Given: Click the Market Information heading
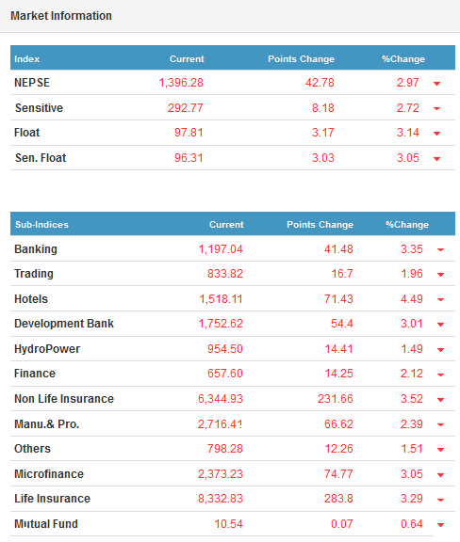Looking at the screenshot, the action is tap(61, 16).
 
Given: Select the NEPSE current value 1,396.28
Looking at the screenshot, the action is tap(181, 83).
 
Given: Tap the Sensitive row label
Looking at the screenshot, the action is tap(39, 108).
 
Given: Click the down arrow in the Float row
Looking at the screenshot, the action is tap(436, 134).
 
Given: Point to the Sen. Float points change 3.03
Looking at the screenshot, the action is tap(322, 158).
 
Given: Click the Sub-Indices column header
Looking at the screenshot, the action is tap(41, 225).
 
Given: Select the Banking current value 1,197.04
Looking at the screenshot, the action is tap(221, 249).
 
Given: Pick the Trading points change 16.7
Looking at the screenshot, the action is tap(342, 274).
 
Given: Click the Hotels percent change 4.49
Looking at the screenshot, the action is tap(412, 299).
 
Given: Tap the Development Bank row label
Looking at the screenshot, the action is tap(64, 324).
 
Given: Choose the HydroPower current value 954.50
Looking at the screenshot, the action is tap(224, 349).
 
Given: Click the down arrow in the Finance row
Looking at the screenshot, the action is tap(440, 375).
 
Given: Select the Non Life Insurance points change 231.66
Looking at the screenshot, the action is tap(335, 399).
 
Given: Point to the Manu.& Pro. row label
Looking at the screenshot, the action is tap(47, 424).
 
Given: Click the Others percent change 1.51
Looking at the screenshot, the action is tap(412, 449).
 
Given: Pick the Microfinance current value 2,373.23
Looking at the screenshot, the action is tap(221, 474).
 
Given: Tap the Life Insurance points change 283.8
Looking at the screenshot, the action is tap(338, 499).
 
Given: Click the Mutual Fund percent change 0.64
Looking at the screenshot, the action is tap(412, 524).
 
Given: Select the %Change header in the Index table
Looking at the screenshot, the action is tap(403, 59).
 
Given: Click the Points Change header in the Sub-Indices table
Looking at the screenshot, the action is tap(320, 225).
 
